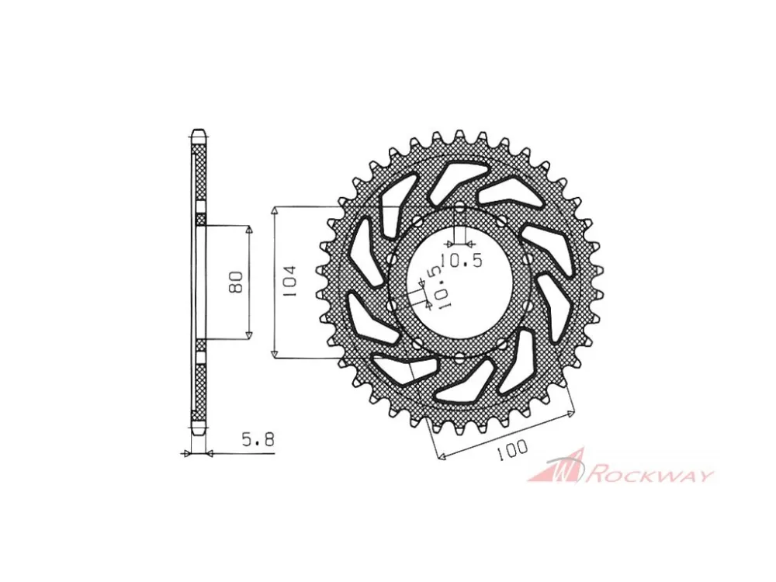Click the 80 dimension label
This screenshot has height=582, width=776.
click(x=237, y=282)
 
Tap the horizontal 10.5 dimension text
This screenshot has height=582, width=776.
click(x=461, y=260)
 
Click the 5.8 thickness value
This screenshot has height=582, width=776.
click(x=258, y=439)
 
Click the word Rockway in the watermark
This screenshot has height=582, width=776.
click(x=650, y=475)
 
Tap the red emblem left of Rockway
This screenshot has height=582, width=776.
click(x=556, y=466)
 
